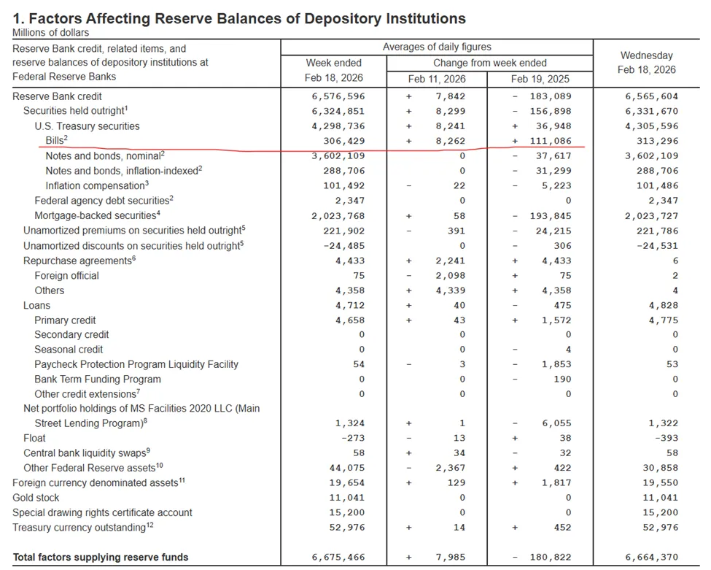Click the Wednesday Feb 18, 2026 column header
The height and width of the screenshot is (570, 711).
(x=646, y=63)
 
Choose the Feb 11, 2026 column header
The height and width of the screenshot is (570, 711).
(x=438, y=78)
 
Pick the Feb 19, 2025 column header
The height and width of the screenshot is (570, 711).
(x=540, y=78)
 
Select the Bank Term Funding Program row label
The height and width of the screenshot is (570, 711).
(x=98, y=380)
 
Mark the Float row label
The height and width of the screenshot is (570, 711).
(x=34, y=438)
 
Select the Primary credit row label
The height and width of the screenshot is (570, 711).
(x=65, y=320)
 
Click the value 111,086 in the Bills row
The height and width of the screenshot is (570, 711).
(x=546, y=141)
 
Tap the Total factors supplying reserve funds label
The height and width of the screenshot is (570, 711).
(x=101, y=558)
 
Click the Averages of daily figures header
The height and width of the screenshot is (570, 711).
(x=437, y=47)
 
